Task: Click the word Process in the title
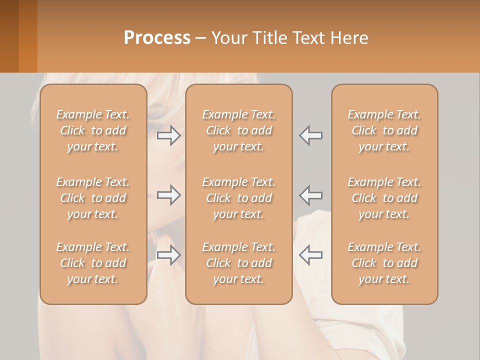157,38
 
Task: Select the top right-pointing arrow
169,135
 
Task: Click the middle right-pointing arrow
169,195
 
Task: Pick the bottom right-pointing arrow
169,255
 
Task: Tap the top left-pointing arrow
310,135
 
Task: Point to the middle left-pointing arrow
310,195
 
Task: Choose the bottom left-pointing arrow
310,255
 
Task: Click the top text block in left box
93,130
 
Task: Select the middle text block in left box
93,198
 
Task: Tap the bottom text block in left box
93,263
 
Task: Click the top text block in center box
239,130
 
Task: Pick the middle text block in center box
239,198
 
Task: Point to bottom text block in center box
239,263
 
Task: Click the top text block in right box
384,130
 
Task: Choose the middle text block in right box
384,198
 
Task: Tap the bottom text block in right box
384,263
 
